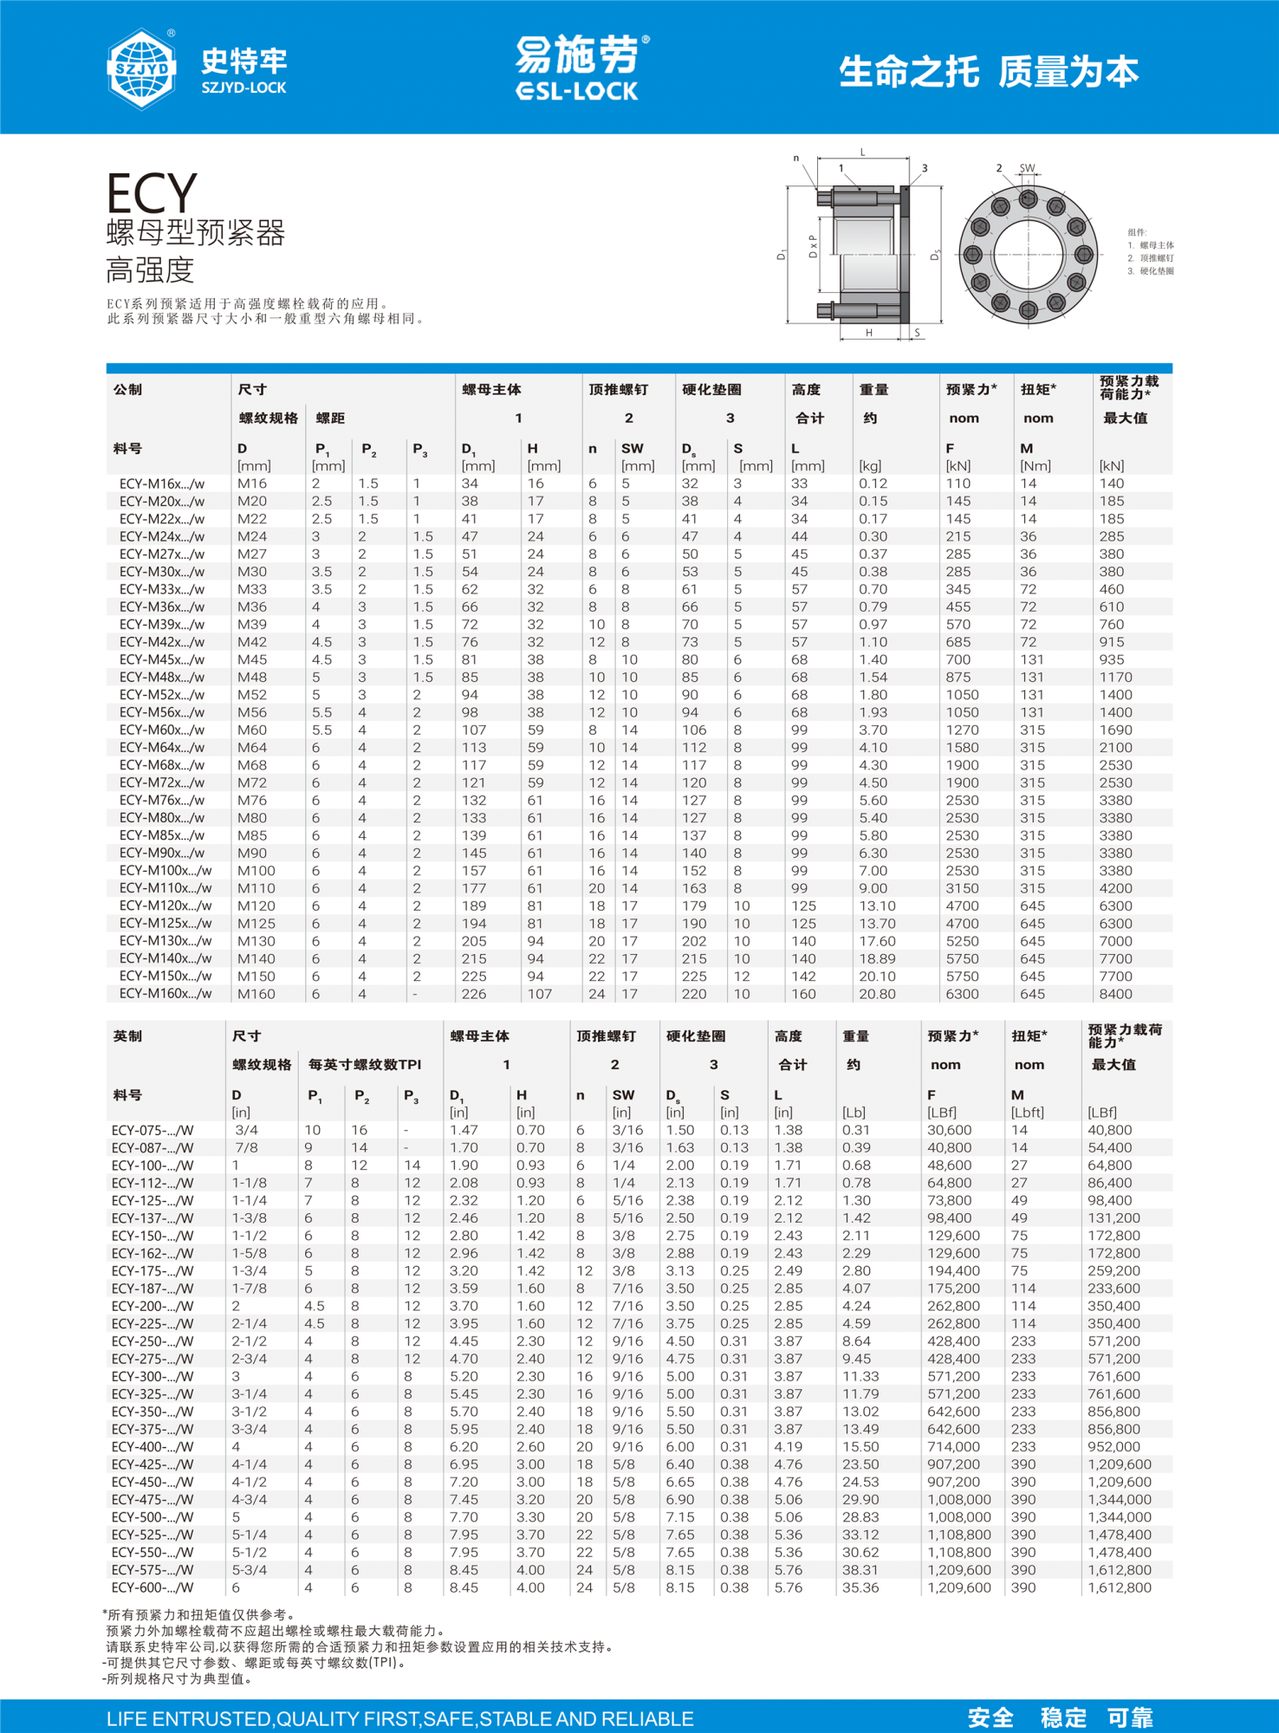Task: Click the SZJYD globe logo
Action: pyautogui.click(x=141, y=68)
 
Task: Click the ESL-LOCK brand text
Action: pyautogui.click(x=576, y=91)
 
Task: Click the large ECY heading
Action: pyautogui.click(x=152, y=192)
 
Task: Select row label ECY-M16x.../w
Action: pyautogui.click(x=162, y=484)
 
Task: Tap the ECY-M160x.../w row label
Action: pyautogui.click(x=166, y=994)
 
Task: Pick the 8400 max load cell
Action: pyautogui.click(x=1115, y=994)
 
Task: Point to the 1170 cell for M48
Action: pyautogui.click(x=1115, y=677)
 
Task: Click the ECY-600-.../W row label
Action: pyautogui.click(x=153, y=1587)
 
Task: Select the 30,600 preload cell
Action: pyautogui.click(x=952, y=1130)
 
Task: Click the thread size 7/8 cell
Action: pyautogui.click(x=246, y=1147)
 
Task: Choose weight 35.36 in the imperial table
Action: pyautogui.click(x=860, y=1587)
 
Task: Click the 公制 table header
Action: pyautogui.click(x=127, y=390)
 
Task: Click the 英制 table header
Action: pyautogui.click(x=127, y=1036)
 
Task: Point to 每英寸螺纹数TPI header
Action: pyautogui.click(x=365, y=1064)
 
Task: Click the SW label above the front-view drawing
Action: pyautogui.click(x=1027, y=168)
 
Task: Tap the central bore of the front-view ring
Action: pyautogui.click(x=1028, y=255)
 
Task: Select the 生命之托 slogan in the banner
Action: pyautogui.click(x=908, y=72)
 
